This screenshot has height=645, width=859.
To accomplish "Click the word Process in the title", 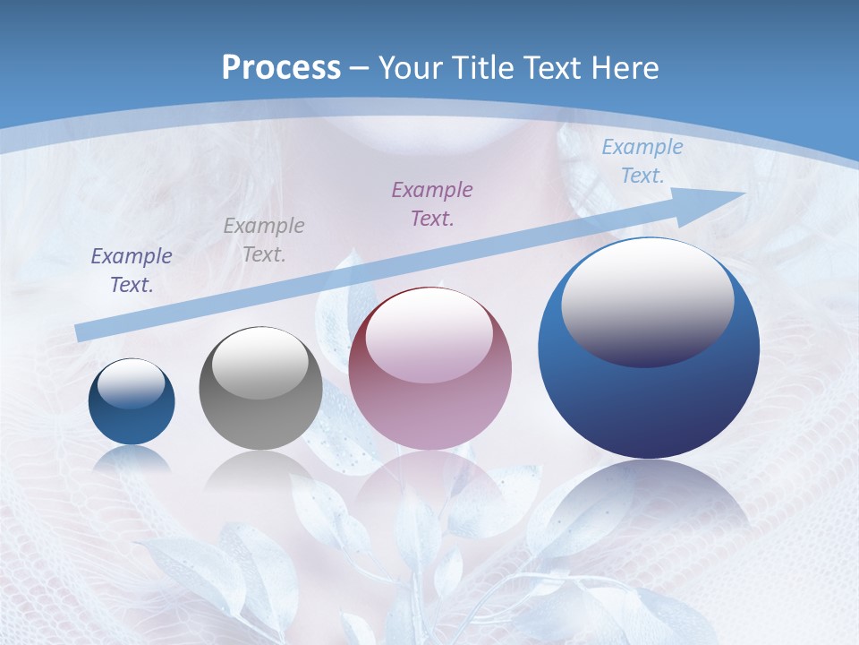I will click(x=281, y=68).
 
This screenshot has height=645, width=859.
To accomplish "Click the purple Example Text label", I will click(x=432, y=203).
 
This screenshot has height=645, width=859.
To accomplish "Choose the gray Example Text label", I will click(x=264, y=239).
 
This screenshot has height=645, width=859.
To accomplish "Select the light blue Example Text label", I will click(x=642, y=161).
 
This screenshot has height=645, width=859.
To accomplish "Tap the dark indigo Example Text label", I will click(x=132, y=270).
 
